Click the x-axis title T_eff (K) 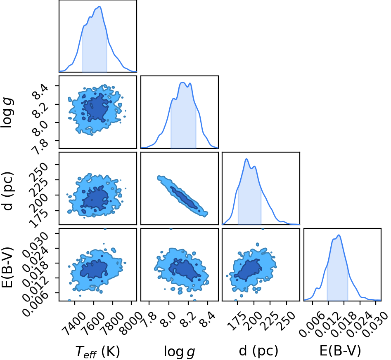(97, 351)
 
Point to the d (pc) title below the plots (258, 351)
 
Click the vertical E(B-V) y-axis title (7, 268)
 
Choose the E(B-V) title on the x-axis (340, 351)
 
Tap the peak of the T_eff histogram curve (100, 7)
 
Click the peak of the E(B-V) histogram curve (339, 235)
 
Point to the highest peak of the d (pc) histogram (246, 159)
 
